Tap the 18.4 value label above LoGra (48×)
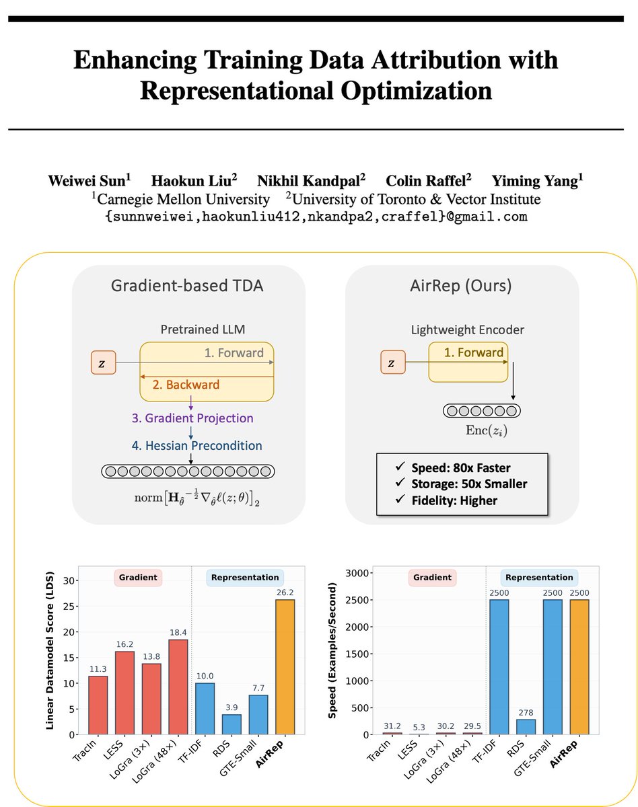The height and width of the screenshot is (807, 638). (x=178, y=630)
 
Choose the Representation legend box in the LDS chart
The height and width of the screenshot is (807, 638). (x=245, y=577)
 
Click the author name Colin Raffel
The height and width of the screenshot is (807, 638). (x=428, y=180)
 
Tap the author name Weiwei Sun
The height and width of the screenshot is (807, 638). (x=90, y=180)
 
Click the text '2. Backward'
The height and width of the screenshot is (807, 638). (x=177, y=385)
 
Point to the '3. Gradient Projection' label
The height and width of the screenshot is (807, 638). (x=192, y=418)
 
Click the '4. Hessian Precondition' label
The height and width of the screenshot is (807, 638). (x=197, y=445)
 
